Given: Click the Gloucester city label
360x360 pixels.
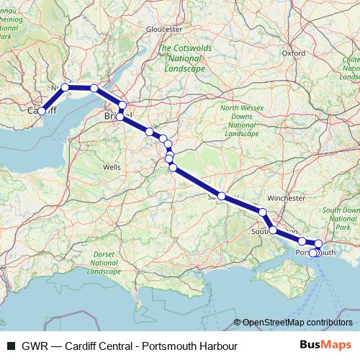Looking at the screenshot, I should pos(163,29).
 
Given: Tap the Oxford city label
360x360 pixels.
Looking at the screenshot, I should pos(294,53).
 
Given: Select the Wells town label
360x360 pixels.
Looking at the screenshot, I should pos(112,166).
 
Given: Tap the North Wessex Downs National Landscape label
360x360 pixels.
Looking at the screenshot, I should pos(240,121).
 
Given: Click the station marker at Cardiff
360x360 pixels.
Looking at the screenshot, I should pos(42,111).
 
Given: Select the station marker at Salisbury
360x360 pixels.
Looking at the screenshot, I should pos(222,196).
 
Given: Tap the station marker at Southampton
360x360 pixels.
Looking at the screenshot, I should pos(273,230).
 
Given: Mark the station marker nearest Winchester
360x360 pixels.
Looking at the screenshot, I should pos(263,212).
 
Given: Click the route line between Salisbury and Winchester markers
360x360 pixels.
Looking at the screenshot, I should pos(243,204).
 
